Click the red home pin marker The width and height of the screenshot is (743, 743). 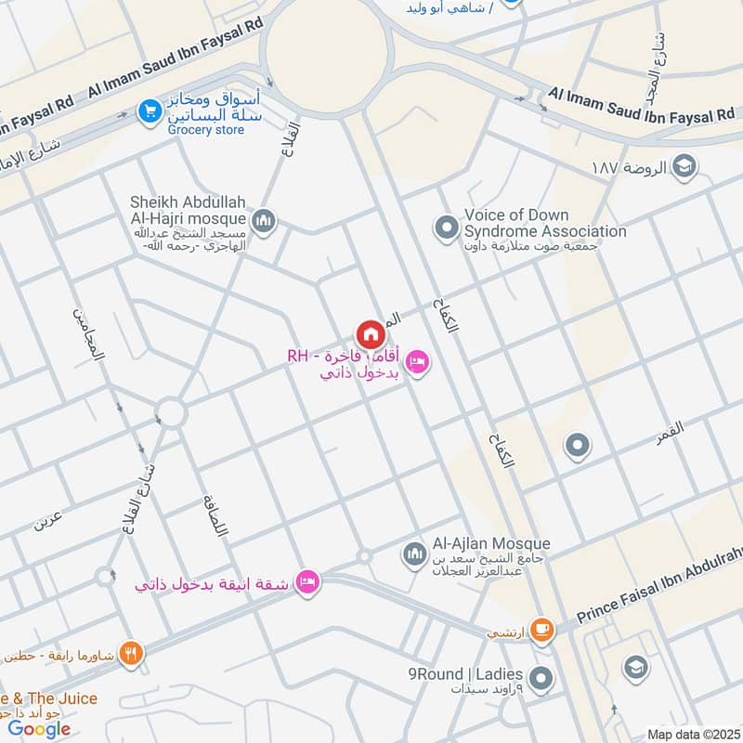[x=370, y=334]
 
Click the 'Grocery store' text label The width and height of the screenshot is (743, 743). [x=206, y=130]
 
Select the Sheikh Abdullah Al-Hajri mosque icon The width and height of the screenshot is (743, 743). [x=264, y=220]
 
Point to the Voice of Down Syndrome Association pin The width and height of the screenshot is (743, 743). [x=447, y=226]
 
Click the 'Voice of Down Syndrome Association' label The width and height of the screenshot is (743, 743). [x=545, y=223]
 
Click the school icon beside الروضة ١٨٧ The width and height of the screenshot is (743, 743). [x=684, y=167]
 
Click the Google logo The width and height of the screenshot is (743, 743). [x=40, y=728]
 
